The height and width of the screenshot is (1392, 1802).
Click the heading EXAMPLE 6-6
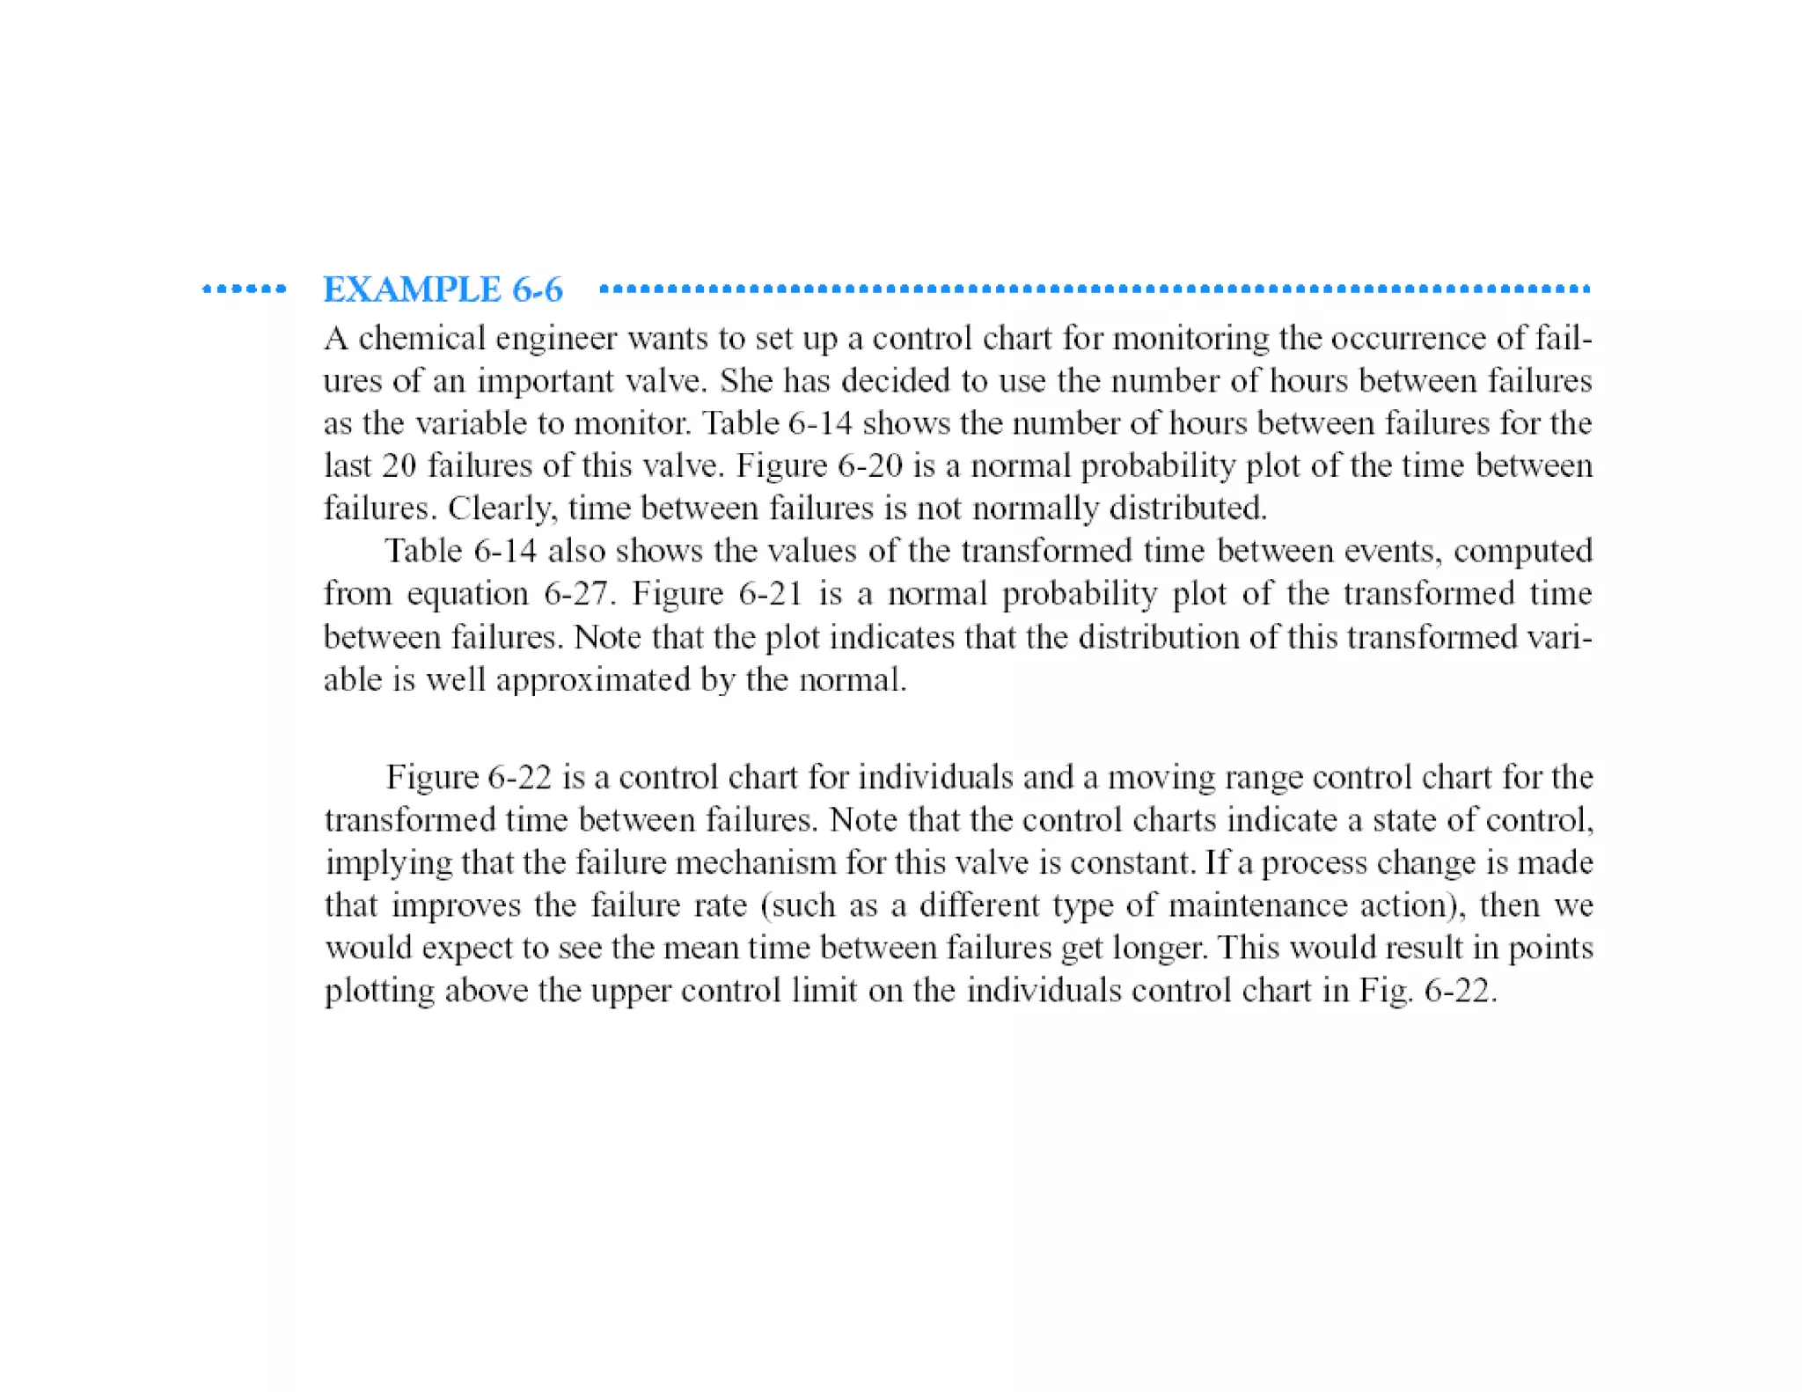click(443, 289)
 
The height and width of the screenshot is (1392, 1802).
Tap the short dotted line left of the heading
click(244, 289)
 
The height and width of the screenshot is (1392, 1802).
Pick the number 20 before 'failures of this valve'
click(399, 465)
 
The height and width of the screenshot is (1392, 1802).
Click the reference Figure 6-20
click(819, 465)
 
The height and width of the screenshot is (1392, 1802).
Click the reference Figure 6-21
click(717, 594)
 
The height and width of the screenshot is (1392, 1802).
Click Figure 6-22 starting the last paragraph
click(468, 778)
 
